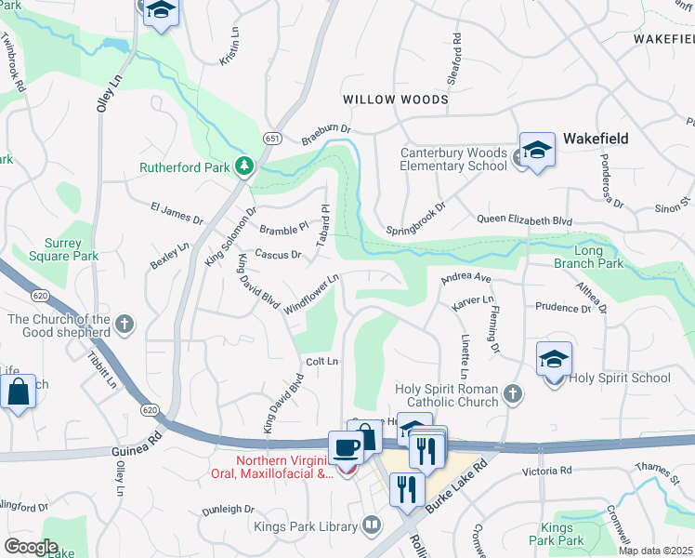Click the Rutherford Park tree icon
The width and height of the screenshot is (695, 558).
point(244,166)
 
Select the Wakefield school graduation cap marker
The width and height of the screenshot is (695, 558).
point(537,151)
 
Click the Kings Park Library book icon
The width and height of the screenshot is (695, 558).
point(372,526)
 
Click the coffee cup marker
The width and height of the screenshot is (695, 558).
point(347,448)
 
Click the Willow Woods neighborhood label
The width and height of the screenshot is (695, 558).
point(395,100)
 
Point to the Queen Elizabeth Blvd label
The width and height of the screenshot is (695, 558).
point(524,220)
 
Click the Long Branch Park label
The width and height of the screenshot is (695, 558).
point(598,257)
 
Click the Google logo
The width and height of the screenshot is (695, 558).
point(31,547)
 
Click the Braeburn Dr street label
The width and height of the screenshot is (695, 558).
point(326,135)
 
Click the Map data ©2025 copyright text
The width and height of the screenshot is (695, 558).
point(655,551)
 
